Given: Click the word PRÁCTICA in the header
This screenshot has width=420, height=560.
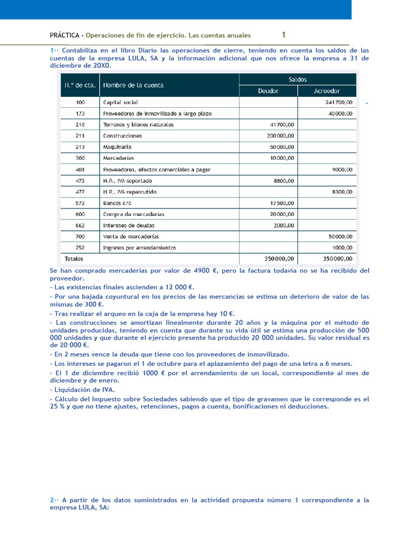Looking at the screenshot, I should tap(65, 36).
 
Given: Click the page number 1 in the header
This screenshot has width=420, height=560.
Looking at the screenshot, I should tap(283, 35).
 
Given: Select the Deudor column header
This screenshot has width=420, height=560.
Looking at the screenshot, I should tap(268, 91).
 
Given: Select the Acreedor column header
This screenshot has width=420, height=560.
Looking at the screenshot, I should tap(326, 91).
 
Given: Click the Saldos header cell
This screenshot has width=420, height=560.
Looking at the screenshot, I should tap(297, 79).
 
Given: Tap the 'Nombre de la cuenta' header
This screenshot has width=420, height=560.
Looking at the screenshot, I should tap(133, 85).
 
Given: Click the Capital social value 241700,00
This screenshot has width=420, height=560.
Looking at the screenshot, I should tap(339, 102).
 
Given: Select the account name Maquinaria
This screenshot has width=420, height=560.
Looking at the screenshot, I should tap(117, 147).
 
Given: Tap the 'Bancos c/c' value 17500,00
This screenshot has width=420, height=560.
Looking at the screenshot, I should tap(282, 203).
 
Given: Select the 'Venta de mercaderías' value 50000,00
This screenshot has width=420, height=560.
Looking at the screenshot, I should tap(340, 237).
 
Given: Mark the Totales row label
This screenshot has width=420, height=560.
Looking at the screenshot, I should tap(74, 258).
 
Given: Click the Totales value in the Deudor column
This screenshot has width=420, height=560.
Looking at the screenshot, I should tap(279, 258).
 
